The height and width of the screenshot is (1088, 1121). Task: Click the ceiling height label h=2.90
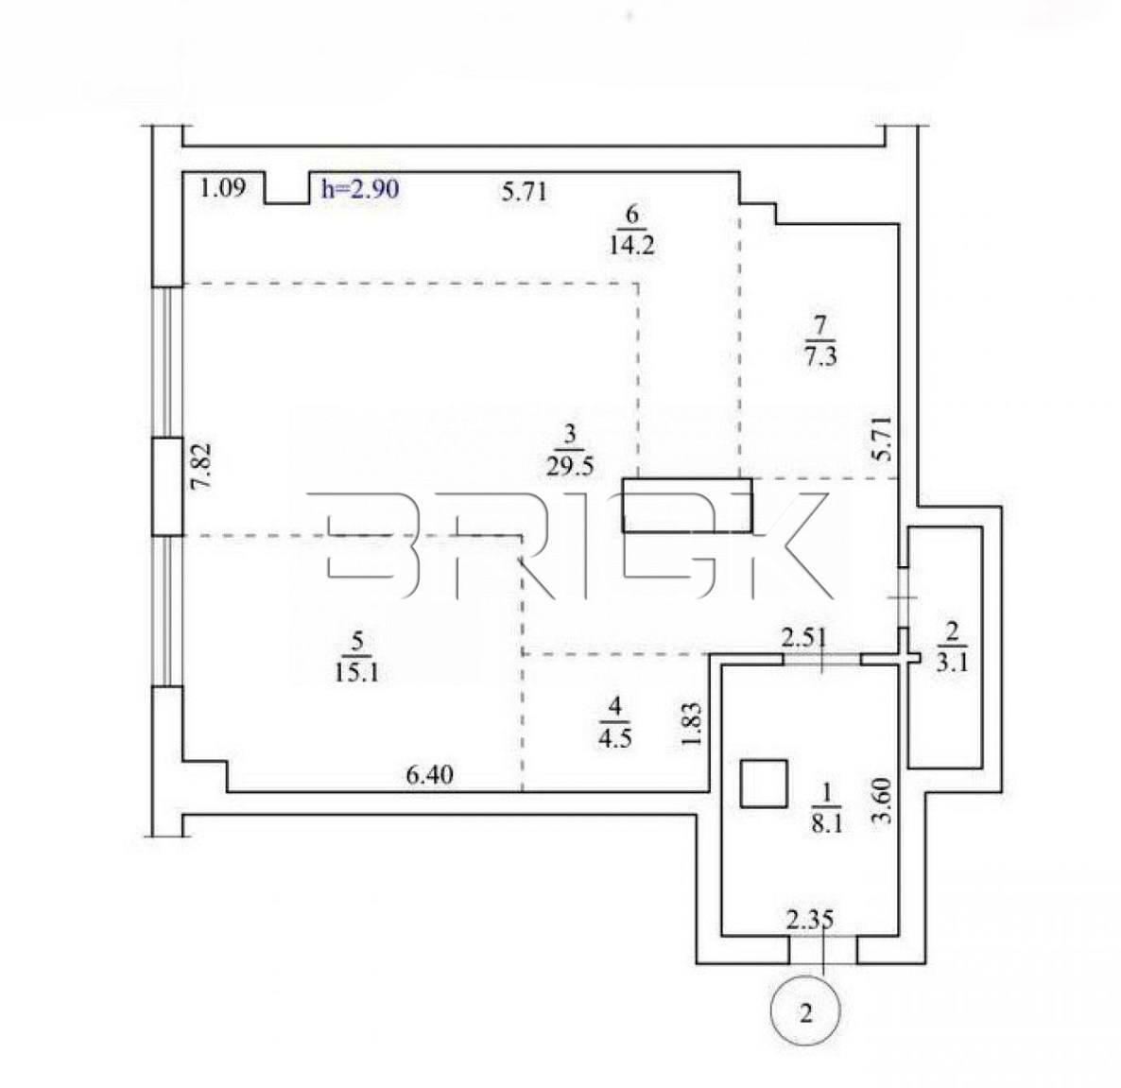[x=359, y=189]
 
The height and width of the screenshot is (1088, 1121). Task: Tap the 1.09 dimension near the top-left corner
[x=222, y=188]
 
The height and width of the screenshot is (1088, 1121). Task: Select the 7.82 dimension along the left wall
[x=201, y=466]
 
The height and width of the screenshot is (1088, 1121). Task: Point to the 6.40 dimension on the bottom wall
[x=429, y=775]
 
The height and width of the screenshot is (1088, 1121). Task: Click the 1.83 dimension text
[x=692, y=725]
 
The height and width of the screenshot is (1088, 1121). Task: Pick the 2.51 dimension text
[x=802, y=638]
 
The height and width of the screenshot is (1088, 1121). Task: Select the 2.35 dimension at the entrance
[x=810, y=920]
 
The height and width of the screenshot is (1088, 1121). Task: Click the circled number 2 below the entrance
[x=805, y=1012]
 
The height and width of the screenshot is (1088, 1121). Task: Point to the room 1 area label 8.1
[x=826, y=825]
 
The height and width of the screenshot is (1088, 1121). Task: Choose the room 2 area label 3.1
[x=952, y=663]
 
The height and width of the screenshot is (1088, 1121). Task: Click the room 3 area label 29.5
[x=570, y=467]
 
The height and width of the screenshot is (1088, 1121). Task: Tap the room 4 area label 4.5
[x=614, y=737]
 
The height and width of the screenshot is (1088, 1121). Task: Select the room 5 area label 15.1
[x=356, y=672]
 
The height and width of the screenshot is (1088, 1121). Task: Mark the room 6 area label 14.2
[x=632, y=246]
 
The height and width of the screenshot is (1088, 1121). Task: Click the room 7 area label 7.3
[x=820, y=356]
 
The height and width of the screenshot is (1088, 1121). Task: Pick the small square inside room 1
[x=764, y=785]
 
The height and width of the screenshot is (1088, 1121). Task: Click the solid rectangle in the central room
[x=687, y=506]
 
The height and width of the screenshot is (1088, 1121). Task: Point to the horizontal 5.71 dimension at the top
[x=524, y=192]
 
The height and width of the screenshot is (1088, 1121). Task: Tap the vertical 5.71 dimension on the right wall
[x=883, y=439]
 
